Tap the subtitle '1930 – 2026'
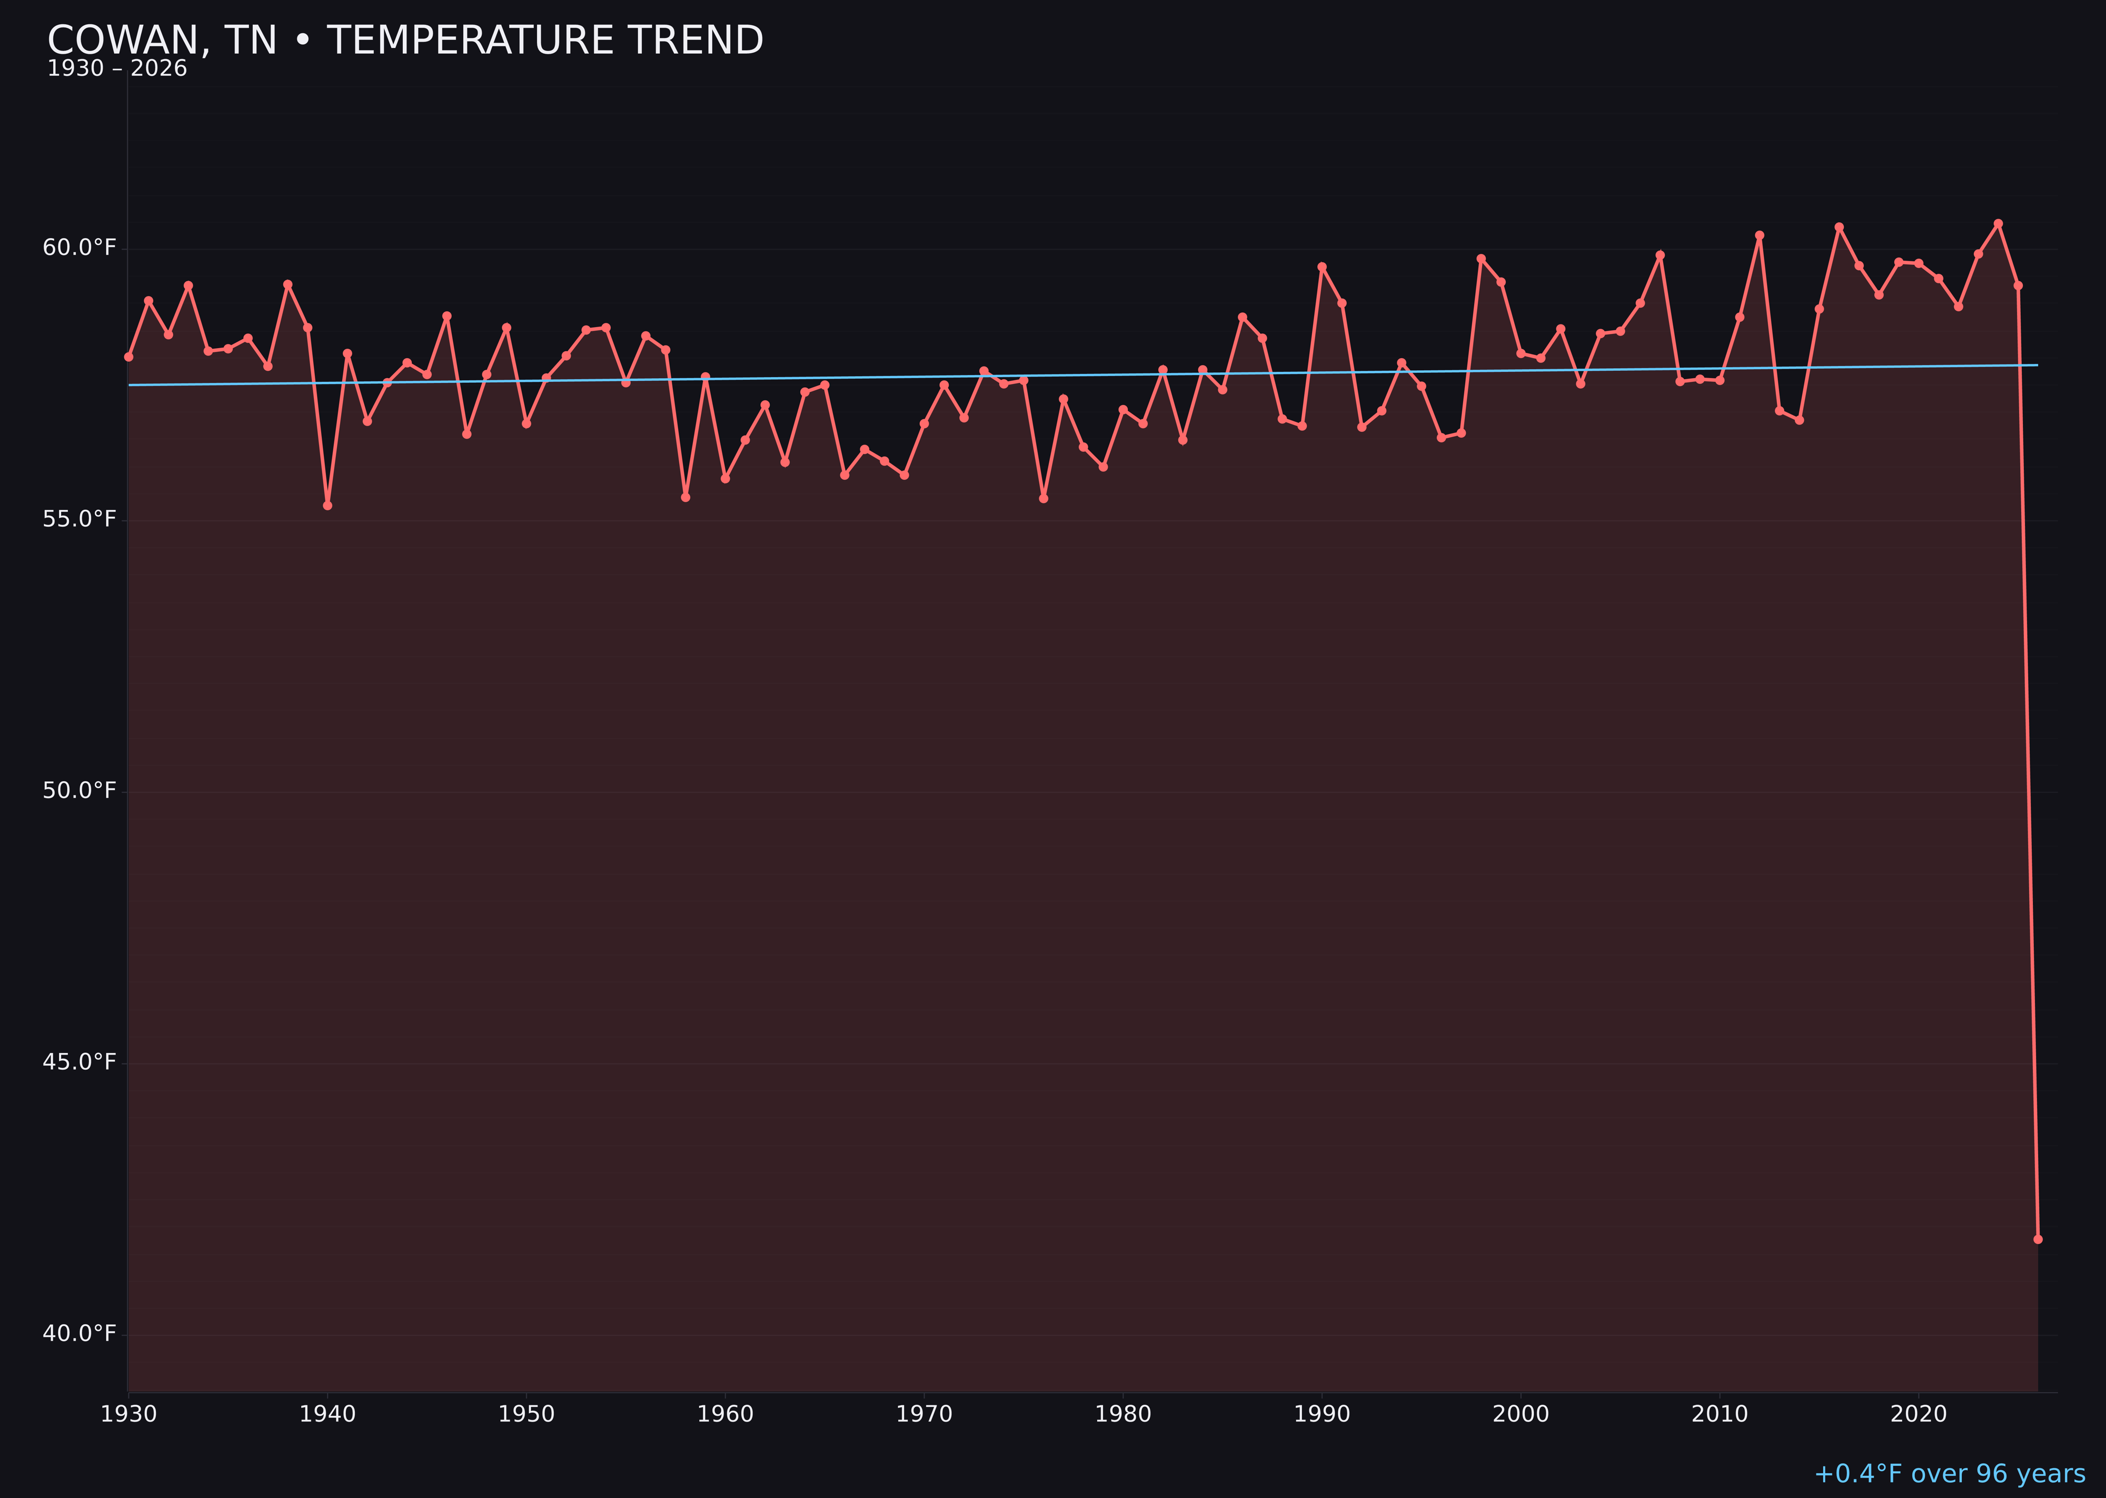coord(117,69)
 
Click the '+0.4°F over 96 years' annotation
coord(1949,1474)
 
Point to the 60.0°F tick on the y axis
coord(80,248)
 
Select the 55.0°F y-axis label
coord(80,519)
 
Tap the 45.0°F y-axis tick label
coord(80,1062)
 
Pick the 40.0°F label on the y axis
coord(80,1334)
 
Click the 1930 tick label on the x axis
coord(129,1414)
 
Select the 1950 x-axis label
coord(526,1414)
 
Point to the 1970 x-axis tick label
coord(924,1414)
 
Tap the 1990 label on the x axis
coord(1322,1414)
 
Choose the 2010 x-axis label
coord(1720,1414)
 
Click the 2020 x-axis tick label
coord(1918,1414)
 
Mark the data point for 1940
coord(327,506)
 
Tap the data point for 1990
coord(1322,267)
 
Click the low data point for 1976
coord(1044,498)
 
